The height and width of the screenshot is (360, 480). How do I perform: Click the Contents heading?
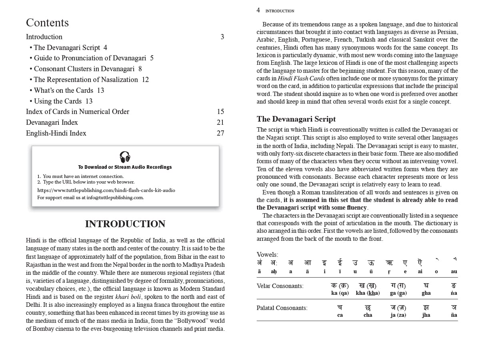click(x=47, y=23)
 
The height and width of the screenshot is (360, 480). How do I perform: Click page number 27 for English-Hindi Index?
click(x=220, y=133)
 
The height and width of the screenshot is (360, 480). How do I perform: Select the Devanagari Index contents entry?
click(x=52, y=122)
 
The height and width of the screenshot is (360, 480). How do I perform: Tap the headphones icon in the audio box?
click(x=125, y=157)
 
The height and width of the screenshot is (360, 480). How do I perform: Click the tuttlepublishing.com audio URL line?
click(x=106, y=190)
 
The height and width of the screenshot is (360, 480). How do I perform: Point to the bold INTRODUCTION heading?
click(x=125, y=224)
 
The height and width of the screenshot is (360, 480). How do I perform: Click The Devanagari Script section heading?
click(x=296, y=119)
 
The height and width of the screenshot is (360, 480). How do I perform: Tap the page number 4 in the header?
click(x=258, y=10)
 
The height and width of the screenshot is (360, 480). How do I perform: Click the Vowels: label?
click(x=267, y=255)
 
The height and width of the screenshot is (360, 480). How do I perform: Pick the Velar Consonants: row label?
click(x=280, y=286)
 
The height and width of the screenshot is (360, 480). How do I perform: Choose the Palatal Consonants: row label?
click(x=282, y=308)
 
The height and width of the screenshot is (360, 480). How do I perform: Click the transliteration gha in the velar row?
click(x=426, y=293)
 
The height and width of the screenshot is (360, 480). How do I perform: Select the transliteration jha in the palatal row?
click(x=426, y=315)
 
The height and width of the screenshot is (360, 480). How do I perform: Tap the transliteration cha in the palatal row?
click(x=368, y=315)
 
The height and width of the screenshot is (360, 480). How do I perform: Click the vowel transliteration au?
click(x=454, y=272)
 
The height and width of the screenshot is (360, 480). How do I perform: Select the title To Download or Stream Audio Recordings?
click(x=125, y=167)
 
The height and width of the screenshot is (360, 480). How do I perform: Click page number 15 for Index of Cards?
click(x=220, y=112)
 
